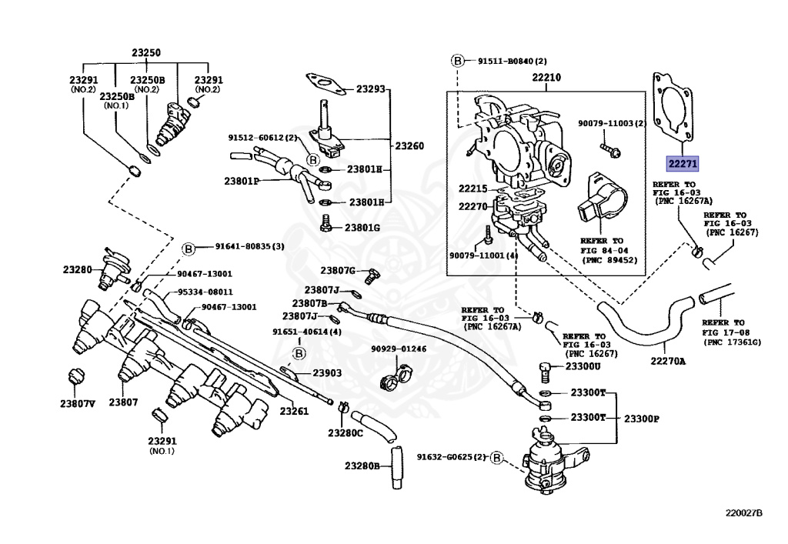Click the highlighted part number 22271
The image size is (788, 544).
(x=683, y=163)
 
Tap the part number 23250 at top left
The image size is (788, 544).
(x=146, y=53)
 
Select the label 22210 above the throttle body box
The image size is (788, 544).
(x=546, y=78)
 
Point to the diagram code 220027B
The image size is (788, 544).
(x=743, y=513)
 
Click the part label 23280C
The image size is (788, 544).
(x=346, y=433)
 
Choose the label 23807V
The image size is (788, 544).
(x=78, y=403)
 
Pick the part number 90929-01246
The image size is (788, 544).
(x=399, y=349)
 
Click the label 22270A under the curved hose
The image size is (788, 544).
(x=668, y=361)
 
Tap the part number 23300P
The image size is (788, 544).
(x=641, y=419)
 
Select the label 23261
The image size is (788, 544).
(x=294, y=411)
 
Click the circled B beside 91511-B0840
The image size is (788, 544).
(x=457, y=61)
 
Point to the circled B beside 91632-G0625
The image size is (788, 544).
(x=496, y=458)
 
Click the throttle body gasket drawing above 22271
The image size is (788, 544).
(x=673, y=105)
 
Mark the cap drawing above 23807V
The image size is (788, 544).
(x=76, y=375)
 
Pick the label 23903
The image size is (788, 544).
(x=327, y=372)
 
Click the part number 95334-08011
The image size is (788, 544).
(x=205, y=292)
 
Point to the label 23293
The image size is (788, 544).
(x=371, y=89)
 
